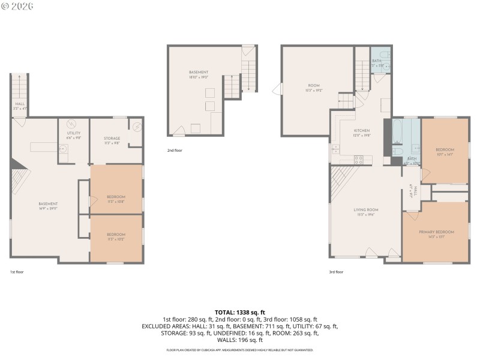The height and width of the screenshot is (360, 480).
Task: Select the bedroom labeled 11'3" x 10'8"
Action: [116, 199]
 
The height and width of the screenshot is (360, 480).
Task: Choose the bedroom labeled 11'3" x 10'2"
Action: [116, 236]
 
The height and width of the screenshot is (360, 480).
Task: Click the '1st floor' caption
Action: [17, 272]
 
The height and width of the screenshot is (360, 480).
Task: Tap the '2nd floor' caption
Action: [175, 151]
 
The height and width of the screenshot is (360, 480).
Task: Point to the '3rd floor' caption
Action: [336, 272]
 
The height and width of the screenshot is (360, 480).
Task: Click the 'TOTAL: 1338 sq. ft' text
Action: [240, 313]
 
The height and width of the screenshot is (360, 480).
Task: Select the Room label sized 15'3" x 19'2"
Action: [314, 88]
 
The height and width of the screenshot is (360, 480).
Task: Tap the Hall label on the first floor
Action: [19, 105]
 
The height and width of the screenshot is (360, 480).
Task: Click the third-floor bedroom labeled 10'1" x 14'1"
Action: [445, 151]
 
